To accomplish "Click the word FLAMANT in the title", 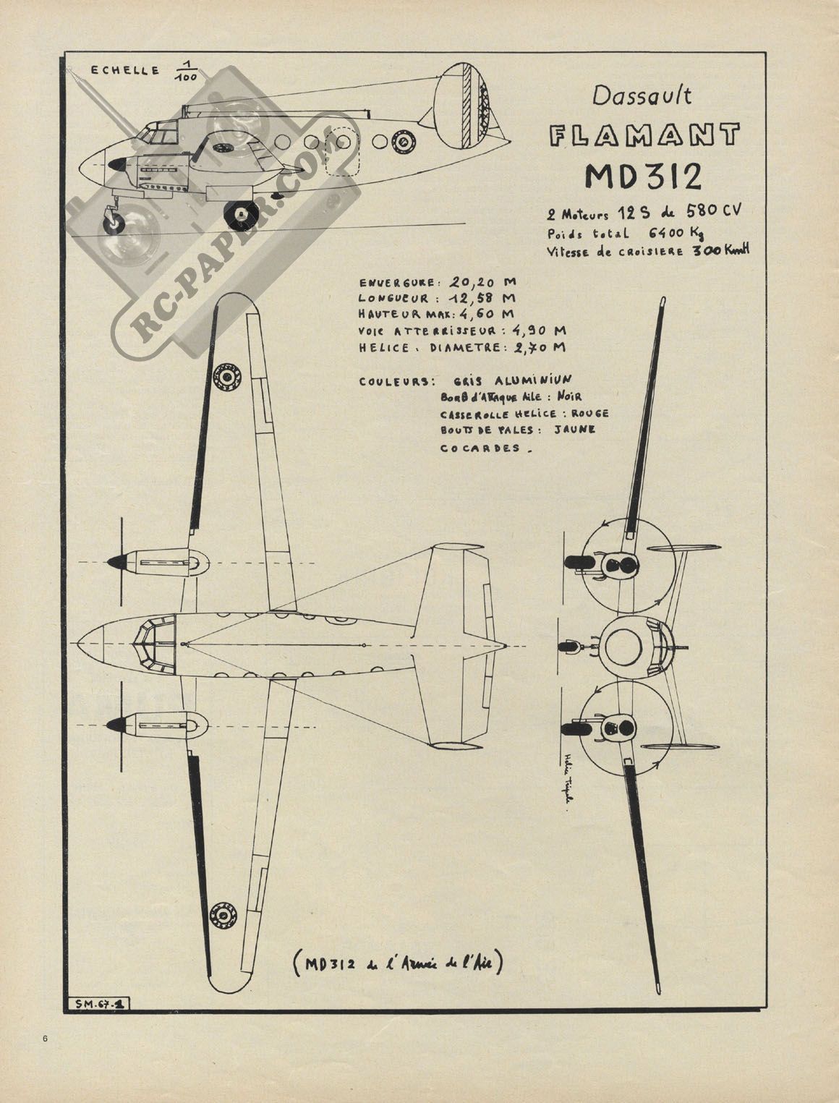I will (x=644, y=135).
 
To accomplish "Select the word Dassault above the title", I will (x=642, y=95).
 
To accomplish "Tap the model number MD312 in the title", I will (x=643, y=176).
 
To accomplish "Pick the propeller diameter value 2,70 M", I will (x=534, y=347).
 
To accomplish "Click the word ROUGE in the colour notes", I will (x=589, y=414).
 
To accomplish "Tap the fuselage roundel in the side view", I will (x=402, y=142).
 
